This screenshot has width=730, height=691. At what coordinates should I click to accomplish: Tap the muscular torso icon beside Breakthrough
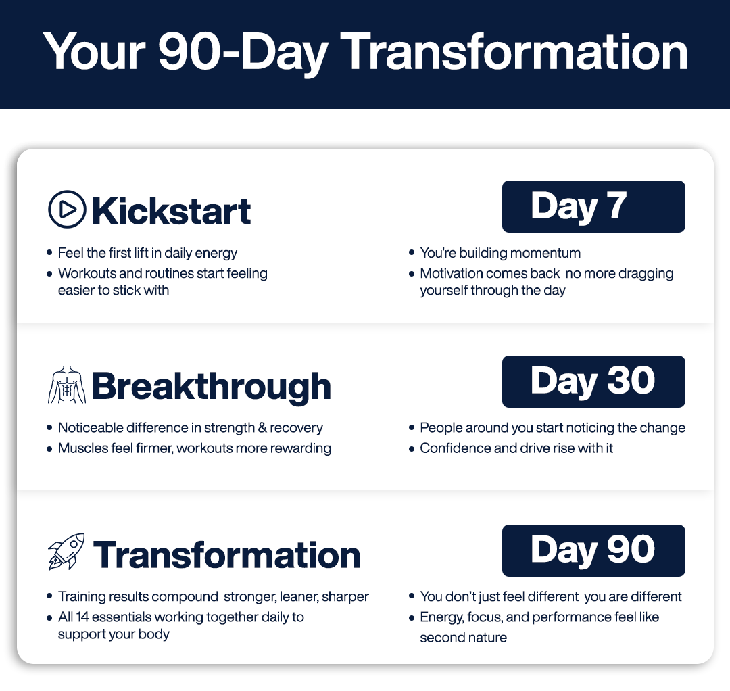(67, 385)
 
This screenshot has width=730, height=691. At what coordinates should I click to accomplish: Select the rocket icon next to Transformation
(66, 552)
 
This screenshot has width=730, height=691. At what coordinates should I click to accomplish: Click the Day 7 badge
(593, 206)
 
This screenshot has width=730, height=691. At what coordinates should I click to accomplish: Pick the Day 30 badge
(593, 381)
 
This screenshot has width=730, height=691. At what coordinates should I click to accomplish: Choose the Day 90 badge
(593, 550)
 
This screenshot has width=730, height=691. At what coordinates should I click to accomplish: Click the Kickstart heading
(172, 211)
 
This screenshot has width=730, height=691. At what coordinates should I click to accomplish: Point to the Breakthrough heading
(212, 387)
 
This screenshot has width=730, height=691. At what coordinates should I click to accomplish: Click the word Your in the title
(95, 51)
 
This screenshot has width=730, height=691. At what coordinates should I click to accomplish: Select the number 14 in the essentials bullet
(82, 617)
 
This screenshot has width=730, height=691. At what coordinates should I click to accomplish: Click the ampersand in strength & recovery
(262, 427)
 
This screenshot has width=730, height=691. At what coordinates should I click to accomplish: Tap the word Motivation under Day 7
(451, 273)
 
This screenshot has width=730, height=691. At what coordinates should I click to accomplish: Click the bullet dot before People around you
(412, 428)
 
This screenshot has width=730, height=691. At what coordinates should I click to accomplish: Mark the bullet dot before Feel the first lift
(49, 253)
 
